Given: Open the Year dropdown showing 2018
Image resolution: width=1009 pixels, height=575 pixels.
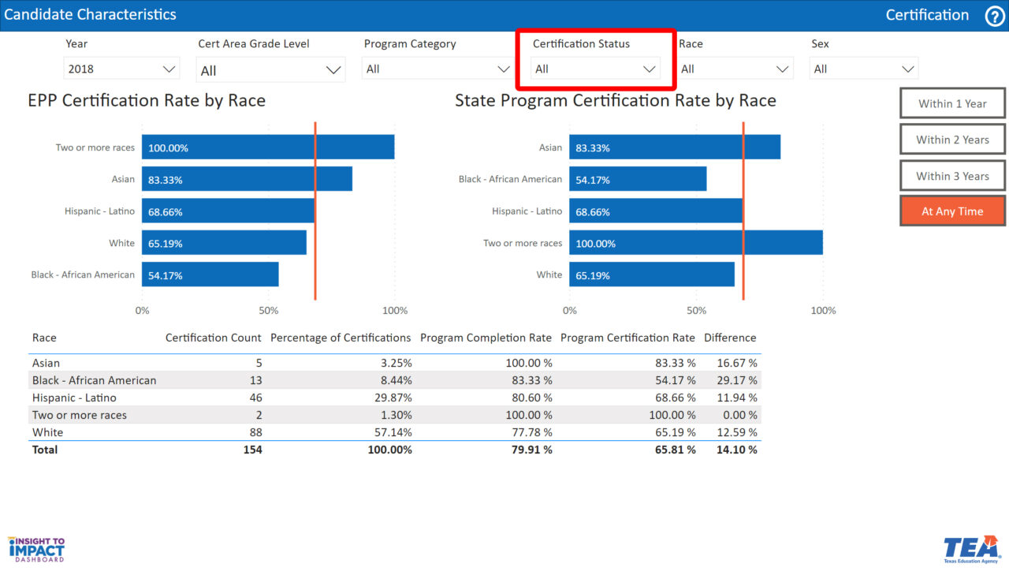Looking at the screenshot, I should click(x=121, y=69).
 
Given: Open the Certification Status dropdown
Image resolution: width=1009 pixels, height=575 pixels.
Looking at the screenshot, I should click(x=595, y=69).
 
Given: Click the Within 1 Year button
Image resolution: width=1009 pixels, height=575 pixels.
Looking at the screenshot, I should click(x=952, y=103).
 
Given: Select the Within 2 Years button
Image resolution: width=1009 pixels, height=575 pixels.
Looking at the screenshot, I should click(x=952, y=140).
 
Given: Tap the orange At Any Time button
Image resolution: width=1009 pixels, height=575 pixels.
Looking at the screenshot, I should click(x=952, y=211).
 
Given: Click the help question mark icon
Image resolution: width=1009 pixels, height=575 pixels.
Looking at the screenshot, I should click(x=995, y=16).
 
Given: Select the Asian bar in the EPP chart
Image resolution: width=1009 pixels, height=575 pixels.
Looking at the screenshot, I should click(x=247, y=179).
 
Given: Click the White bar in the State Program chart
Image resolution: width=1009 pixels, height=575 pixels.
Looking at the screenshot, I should click(x=652, y=274).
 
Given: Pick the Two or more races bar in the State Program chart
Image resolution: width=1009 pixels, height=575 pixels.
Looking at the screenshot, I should click(x=696, y=243).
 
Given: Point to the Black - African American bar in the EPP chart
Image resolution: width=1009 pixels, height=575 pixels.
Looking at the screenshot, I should click(x=210, y=274).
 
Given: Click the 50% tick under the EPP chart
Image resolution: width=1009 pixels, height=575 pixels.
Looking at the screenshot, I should click(x=269, y=311).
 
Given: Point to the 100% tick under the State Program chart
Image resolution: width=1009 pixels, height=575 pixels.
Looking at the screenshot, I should click(x=823, y=311).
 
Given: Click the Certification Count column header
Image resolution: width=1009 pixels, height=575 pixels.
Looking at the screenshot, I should click(x=213, y=338).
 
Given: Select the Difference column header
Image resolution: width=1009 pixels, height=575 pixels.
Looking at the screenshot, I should click(x=730, y=338).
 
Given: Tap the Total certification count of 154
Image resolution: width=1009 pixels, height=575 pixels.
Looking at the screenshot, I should click(x=252, y=450).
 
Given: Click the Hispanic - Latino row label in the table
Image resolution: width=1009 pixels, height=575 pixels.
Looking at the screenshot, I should click(x=74, y=398).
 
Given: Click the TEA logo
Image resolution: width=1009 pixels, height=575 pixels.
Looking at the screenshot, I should click(x=970, y=549).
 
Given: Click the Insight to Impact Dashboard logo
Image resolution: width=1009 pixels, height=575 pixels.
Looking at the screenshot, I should click(x=36, y=549).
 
